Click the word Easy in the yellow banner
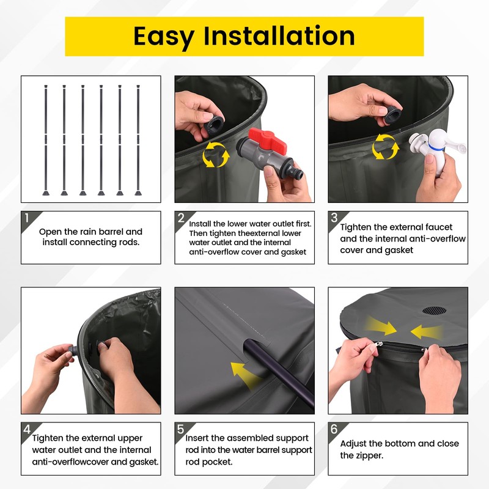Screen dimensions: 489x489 (x=164, y=37)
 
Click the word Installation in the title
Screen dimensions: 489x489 (x=279, y=36)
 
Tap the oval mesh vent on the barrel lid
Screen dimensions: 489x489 (x=434, y=311)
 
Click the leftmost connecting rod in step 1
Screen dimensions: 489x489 (x=46, y=140)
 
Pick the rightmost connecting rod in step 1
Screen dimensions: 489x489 (x=138, y=140)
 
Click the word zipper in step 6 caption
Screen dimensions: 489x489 (x=369, y=455)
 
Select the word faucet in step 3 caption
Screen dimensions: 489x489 (x=439, y=227)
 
